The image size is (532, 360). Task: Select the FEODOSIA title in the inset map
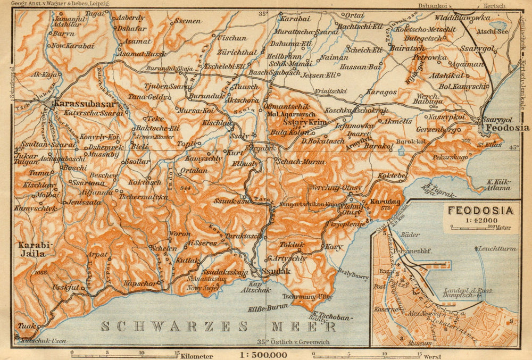tap(480, 210)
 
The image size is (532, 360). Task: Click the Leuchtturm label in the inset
tap(498, 248)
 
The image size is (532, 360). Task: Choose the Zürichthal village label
tap(237, 53)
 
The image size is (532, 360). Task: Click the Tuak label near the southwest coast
tap(27, 326)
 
